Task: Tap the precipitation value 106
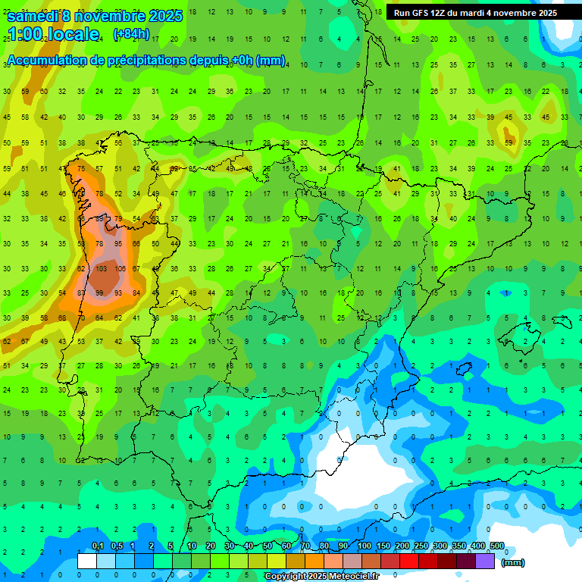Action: click(120, 269)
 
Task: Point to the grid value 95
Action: click(118, 244)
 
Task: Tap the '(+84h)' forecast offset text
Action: click(130, 34)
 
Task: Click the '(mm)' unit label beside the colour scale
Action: click(513, 562)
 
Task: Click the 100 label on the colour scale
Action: click(364, 546)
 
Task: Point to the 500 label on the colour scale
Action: click(497, 546)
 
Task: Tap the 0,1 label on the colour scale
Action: click(97, 546)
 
